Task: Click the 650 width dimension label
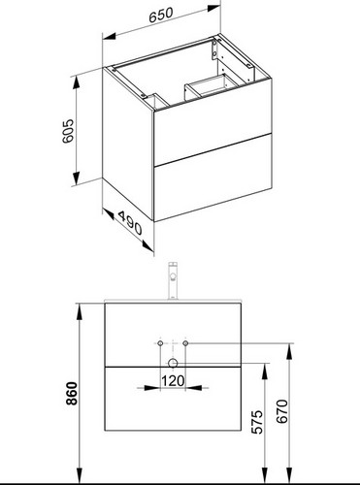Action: coord(161,16)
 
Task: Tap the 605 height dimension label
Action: coord(68,131)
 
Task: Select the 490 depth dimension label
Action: coord(130,223)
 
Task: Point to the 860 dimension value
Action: coord(72,393)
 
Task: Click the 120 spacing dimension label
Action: coord(173,381)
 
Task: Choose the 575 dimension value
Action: coord(258,422)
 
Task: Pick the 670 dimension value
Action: coord(282,411)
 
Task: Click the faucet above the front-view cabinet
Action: coord(173,281)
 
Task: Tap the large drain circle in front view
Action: coord(173,363)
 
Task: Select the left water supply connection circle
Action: coord(160,343)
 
